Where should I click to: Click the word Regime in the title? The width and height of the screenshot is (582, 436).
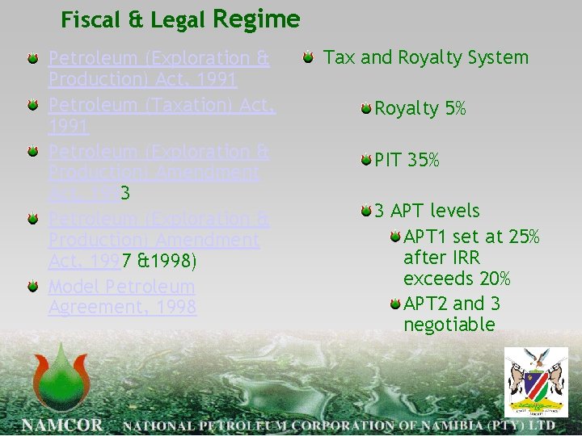pos(256,19)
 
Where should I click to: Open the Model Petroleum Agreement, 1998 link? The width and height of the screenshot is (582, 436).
pos(122,296)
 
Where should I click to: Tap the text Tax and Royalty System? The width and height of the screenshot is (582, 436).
pos(426,57)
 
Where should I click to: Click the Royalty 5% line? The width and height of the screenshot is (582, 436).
pos(420,109)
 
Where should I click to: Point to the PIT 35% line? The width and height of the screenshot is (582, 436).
pos(407,161)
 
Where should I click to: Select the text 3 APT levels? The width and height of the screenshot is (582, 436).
pos(426,211)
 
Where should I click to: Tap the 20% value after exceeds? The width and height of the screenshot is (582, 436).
pos(493,279)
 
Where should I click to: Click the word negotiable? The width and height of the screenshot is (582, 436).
pos(449,325)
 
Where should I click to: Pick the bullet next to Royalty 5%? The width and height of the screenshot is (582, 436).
pos(367,108)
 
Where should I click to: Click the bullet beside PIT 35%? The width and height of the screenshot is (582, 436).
pos(367,160)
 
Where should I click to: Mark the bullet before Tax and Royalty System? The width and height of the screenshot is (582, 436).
pos(309,57)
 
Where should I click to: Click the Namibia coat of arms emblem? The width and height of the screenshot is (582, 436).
pos(536,382)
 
